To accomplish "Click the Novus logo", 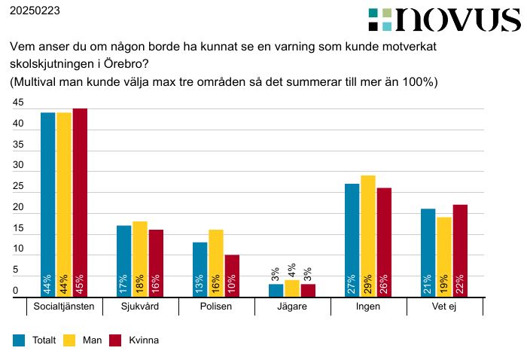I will click(x=444, y=20).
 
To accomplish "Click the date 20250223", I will click(x=35, y=11).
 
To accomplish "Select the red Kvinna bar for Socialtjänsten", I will click(x=80, y=203).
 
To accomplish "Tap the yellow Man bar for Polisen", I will click(x=216, y=263).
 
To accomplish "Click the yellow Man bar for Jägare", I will click(x=292, y=288).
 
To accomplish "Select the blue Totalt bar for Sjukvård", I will click(x=124, y=261).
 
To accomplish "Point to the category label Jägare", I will click(x=292, y=307).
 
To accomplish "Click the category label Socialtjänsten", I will click(x=65, y=307).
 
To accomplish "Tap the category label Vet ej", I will click(x=444, y=307).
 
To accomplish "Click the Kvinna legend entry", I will click(x=142, y=340).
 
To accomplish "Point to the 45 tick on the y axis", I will click(x=19, y=103).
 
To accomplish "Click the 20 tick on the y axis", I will click(x=19, y=208).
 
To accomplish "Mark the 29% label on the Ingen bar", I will click(x=368, y=285).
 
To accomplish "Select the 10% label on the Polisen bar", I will click(x=232, y=285).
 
